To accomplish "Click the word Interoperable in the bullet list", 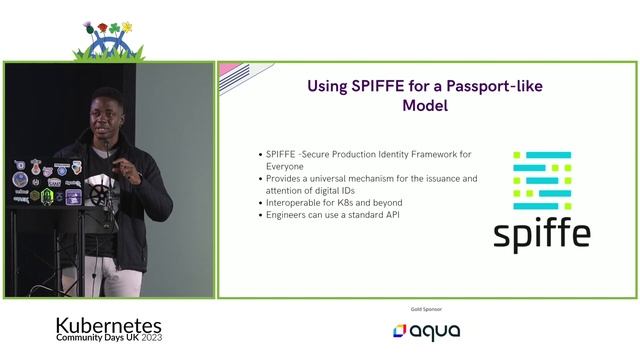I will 297,203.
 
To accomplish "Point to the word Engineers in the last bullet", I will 289,215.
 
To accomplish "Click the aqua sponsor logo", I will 427,331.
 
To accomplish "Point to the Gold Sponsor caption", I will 426,309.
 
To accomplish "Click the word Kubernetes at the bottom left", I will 108,326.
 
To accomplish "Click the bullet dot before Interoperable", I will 260,203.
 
